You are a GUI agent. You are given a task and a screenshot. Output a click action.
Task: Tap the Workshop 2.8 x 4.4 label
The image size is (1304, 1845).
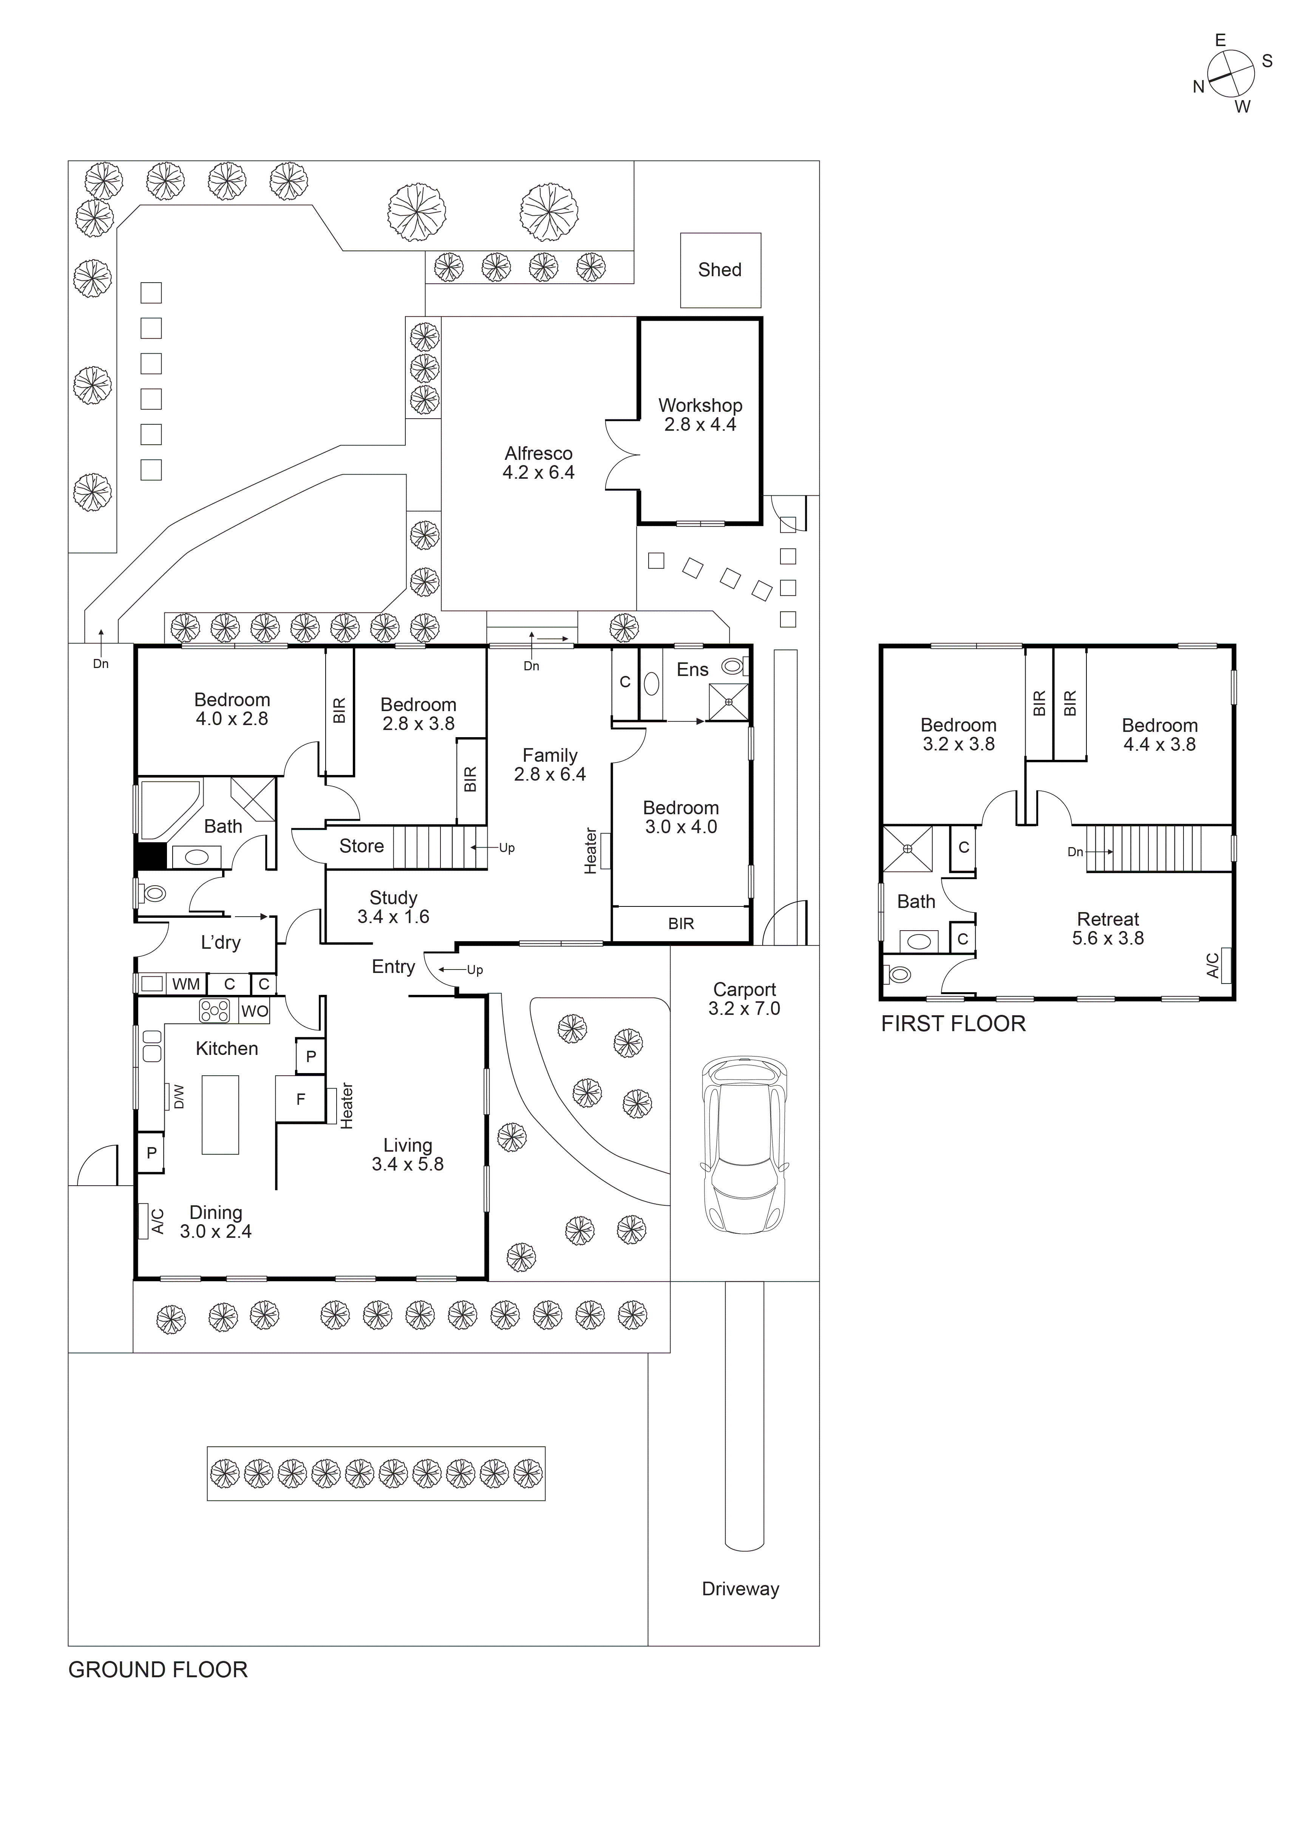pyautogui.click(x=700, y=414)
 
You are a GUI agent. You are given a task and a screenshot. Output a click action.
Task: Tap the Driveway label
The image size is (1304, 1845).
pyautogui.click(x=740, y=1589)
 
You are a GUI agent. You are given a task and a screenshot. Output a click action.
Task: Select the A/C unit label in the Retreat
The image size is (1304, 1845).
pyautogui.click(x=1213, y=964)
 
